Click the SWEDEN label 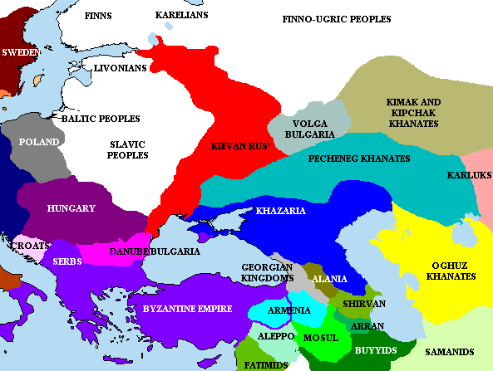pos(21,52)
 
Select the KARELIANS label pos(181,16)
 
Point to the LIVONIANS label pos(121,68)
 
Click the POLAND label pos(39,142)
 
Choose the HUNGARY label pos(71,208)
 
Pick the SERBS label pos(66,261)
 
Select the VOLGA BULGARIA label pos(309,128)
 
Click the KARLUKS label pos(469,175)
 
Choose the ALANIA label pos(330,279)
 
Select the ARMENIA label pos(289,310)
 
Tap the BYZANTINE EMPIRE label pos(188,309)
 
